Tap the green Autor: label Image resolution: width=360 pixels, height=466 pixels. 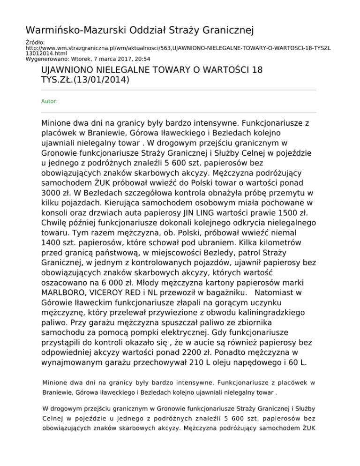[49, 101]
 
